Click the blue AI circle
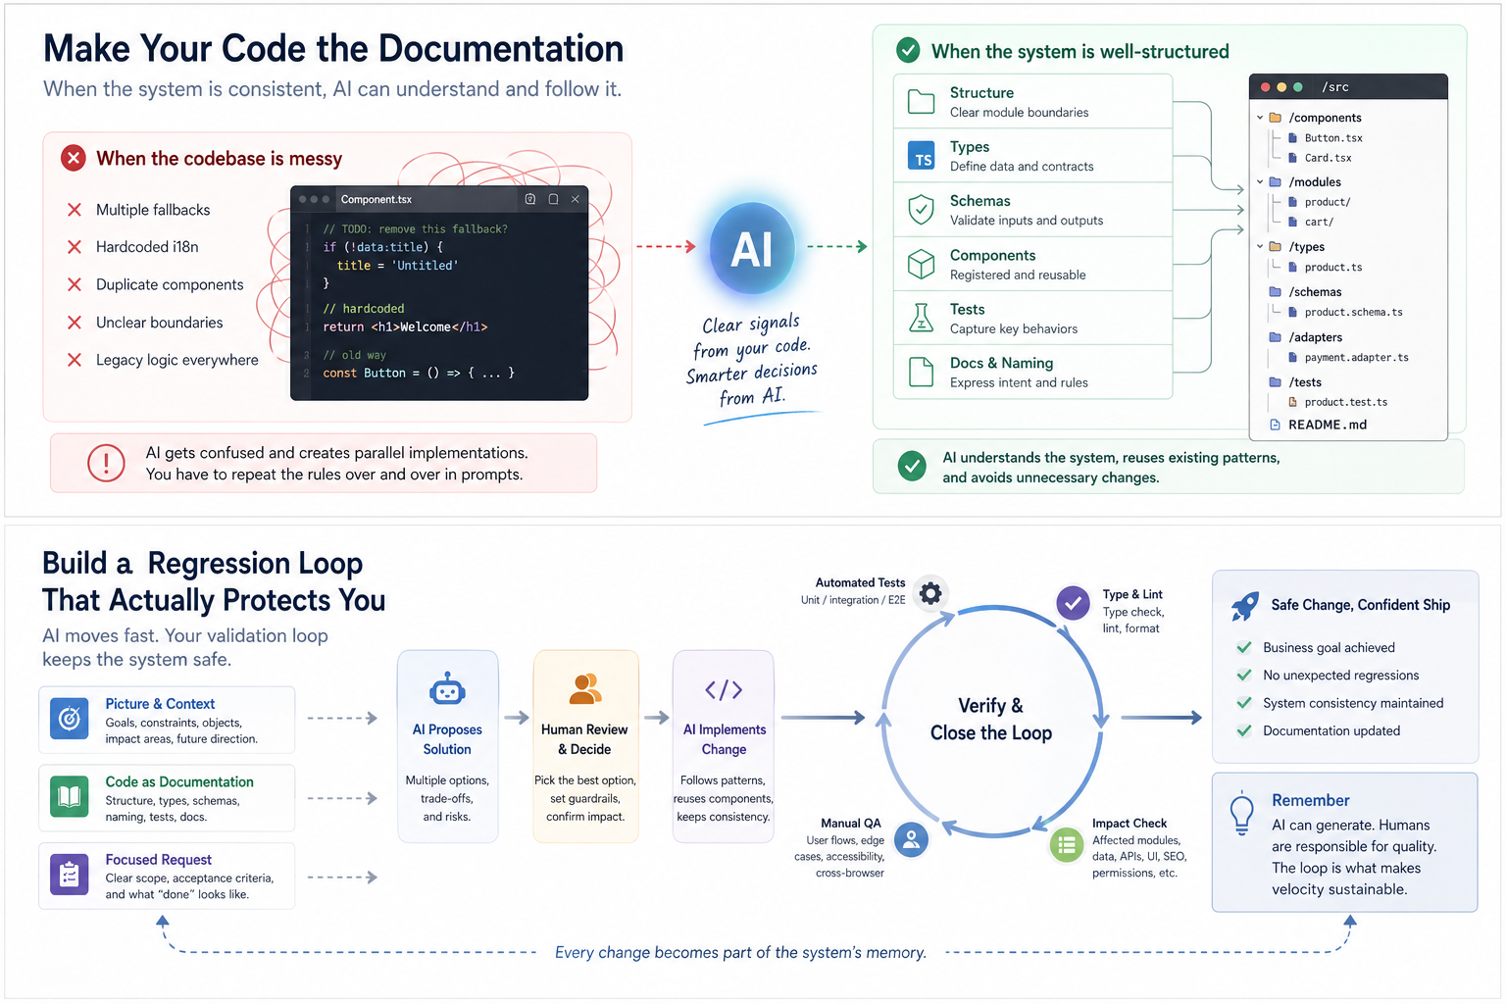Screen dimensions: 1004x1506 tap(752, 249)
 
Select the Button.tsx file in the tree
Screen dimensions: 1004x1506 tap(1332, 138)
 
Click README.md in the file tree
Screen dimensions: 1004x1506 tap(1327, 425)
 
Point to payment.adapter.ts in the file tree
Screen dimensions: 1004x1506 tap(1355, 358)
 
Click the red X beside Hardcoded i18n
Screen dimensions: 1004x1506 tap(75, 247)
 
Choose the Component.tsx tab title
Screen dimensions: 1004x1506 tap(376, 199)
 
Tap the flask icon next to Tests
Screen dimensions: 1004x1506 tap(921, 318)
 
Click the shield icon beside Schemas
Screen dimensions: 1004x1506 tap(921, 209)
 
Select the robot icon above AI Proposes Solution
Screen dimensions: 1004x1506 tap(447, 689)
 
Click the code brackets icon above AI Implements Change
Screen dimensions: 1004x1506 tap(724, 690)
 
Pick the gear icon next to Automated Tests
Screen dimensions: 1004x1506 tap(930, 593)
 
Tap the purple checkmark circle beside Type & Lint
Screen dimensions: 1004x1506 tap(1074, 603)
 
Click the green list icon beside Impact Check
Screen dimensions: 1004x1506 tap(1067, 844)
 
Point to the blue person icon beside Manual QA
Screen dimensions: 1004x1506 tap(912, 839)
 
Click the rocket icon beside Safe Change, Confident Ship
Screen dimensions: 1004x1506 tap(1244, 606)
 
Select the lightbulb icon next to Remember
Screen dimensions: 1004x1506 tap(1242, 812)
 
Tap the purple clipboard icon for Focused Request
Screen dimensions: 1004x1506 tap(69, 875)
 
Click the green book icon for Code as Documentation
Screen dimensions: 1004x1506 tap(69, 796)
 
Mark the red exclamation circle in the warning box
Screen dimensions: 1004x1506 tap(106, 463)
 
